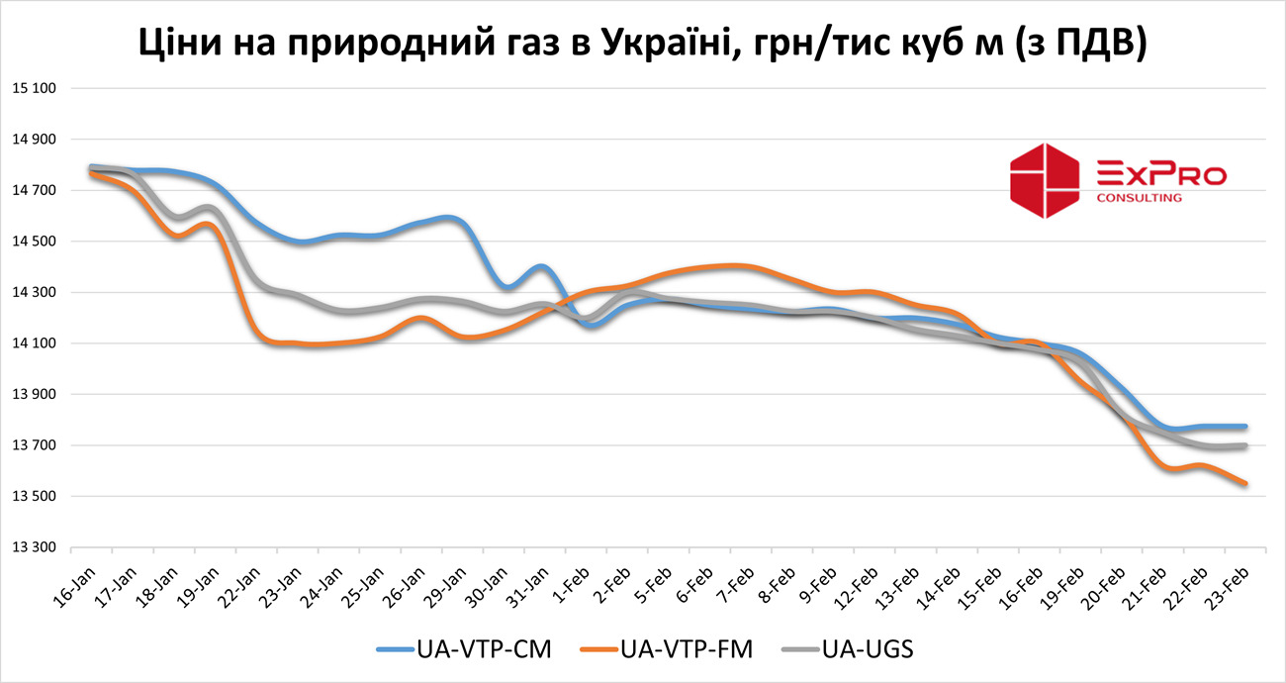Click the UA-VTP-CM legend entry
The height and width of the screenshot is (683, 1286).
(x=464, y=649)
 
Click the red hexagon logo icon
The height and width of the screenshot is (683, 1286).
(x=1044, y=180)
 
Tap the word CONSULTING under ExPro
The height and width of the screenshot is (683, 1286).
(x=1140, y=198)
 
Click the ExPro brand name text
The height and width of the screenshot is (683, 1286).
(x=1161, y=176)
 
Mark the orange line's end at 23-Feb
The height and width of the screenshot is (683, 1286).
(x=1244, y=483)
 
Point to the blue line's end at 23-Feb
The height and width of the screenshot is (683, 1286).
(x=1244, y=427)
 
